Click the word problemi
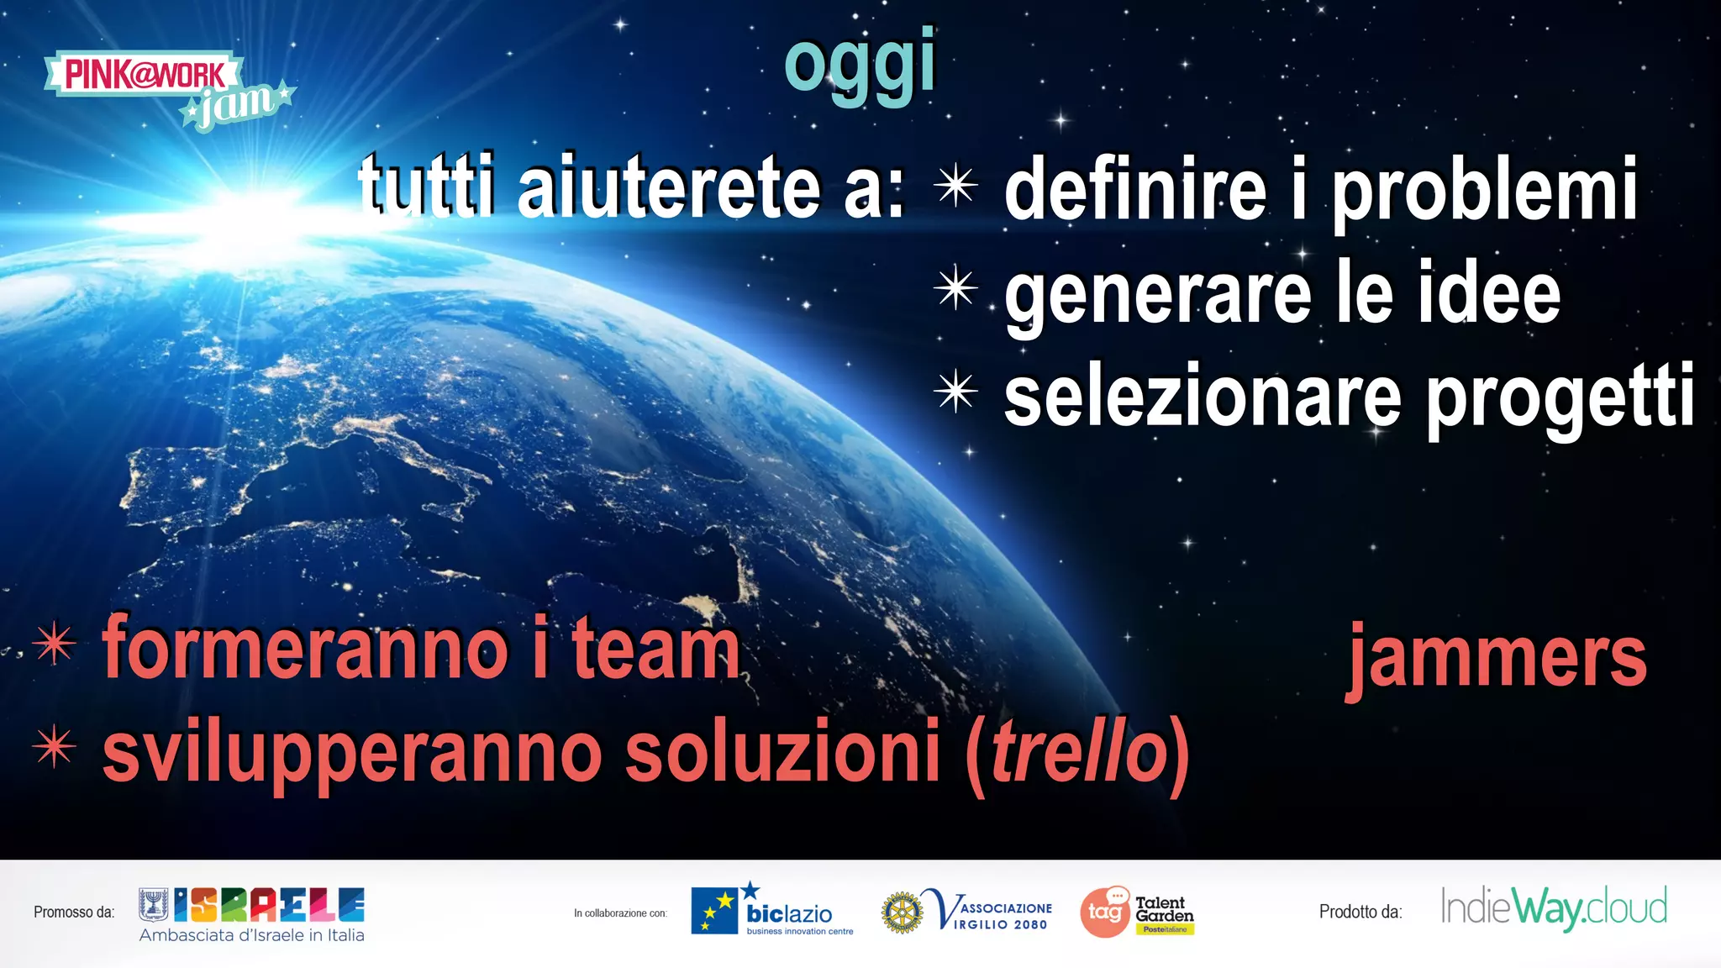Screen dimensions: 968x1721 click(1486, 192)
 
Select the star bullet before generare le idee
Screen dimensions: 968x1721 click(955, 288)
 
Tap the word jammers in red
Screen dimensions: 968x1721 click(1497, 658)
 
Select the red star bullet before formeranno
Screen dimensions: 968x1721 click(55, 644)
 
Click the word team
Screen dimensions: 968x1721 click(655, 650)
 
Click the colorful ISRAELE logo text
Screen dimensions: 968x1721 click(269, 905)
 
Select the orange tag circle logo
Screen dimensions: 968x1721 click(1105, 913)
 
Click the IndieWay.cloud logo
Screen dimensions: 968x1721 click(1554, 908)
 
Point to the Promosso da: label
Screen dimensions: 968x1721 click(74, 913)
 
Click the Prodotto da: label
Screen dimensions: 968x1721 click(1360, 913)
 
